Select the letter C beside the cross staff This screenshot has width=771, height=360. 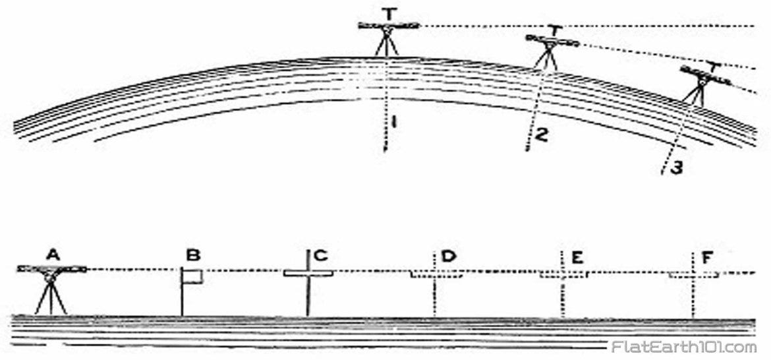point(321,255)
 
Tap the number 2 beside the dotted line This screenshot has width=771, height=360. point(540,135)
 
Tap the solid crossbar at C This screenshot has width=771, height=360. point(308,273)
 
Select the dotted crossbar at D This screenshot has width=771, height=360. point(435,274)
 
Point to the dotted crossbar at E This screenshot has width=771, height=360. point(563,274)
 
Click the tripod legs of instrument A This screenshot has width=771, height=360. point(51,299)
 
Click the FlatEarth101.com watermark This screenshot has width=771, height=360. point(683,347)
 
